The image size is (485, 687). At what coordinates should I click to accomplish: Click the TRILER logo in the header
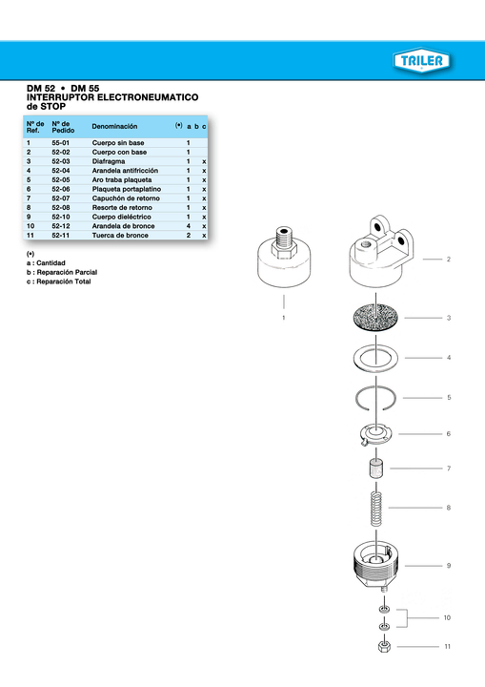[x=422, y=62]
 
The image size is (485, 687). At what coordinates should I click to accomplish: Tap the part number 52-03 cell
[x=61, y=161]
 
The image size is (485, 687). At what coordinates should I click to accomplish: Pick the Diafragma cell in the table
[x=109, y=161]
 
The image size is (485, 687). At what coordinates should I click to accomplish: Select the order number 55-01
[x=61, y=143]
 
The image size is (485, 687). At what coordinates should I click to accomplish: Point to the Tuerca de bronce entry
[x=119, y=235]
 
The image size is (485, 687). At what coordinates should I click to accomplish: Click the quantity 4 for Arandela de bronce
[x=189, y=225]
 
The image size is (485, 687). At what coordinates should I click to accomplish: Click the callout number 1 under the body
[x=283, y=316]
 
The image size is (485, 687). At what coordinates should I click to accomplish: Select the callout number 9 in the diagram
[x=448, y=567]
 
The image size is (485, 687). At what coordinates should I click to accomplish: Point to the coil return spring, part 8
[x=377, y=506]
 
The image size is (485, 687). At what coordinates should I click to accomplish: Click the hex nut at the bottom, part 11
[x=383, y=647]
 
